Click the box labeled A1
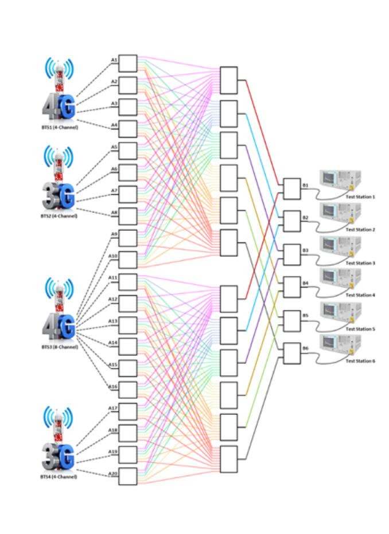coord(128,64)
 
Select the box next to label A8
coord(128,216)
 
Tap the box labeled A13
coord(128,325)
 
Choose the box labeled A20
coord(128,477)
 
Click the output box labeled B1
coord(291,189)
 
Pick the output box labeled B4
coord(291,286)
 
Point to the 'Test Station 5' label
coord(360,329)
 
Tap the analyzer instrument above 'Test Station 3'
coord(340,246)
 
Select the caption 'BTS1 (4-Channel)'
coord(59,127)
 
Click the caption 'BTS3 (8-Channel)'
coord(59,347)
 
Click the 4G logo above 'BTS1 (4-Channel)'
coord(59,107)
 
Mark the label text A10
coord(114,256)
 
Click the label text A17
coord(114,408)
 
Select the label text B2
coord(306,218)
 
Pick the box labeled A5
coord(128,151)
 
